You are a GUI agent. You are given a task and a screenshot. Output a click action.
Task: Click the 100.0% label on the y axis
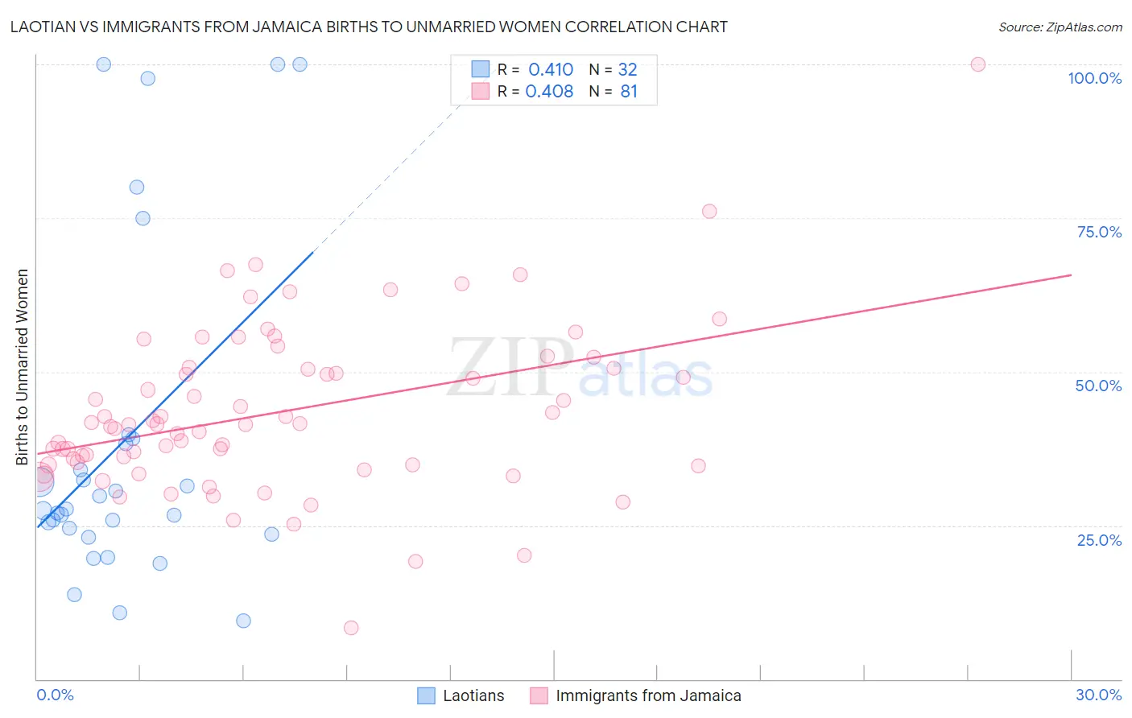point(1094,78)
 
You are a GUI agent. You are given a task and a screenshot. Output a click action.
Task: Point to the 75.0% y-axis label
point(1099,232)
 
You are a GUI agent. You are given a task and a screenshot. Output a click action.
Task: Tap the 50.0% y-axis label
point(1098,386)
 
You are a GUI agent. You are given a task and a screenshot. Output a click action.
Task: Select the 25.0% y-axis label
point(1099,540)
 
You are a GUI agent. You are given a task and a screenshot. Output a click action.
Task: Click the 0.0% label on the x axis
point(55,695)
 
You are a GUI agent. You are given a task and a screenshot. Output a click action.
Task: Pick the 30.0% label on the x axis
point(1098,695)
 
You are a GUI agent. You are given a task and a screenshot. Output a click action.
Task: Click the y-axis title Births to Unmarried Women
point(22,367)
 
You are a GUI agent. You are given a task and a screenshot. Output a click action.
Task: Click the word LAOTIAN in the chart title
point(46,27)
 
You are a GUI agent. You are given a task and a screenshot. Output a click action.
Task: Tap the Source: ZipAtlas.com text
point(1060,27)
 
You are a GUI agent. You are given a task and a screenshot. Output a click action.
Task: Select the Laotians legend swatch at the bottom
point(427,695)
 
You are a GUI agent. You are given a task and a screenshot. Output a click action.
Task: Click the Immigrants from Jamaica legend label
point(648,695)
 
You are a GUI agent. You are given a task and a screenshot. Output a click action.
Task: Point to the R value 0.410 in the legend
point(551,70)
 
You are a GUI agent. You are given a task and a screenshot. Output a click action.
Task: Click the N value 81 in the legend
point(629,92)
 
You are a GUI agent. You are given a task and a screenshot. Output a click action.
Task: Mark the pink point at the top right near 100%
point(977,64)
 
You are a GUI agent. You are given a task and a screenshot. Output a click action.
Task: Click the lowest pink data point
point(351,628)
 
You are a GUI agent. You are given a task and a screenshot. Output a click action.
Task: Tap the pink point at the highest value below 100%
point(709,212)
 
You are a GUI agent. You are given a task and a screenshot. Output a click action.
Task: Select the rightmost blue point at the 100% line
point(300,64)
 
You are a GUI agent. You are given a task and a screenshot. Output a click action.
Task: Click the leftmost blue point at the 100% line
point(104,64)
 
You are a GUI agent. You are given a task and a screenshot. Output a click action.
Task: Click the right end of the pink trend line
point(1071,275)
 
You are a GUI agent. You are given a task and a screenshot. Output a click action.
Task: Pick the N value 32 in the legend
point(627,70)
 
